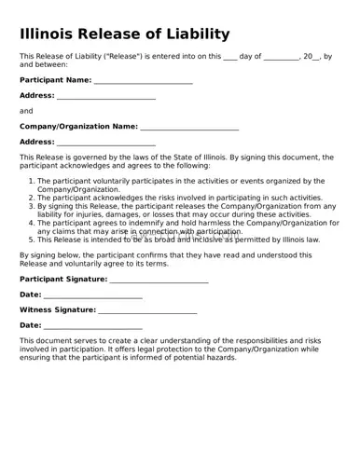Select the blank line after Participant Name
[144, 80]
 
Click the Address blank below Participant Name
[106, 95]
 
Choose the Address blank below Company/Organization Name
[106, 142]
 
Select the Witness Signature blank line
[147, 309]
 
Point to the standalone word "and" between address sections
[26, 111]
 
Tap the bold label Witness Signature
[58, 309]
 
